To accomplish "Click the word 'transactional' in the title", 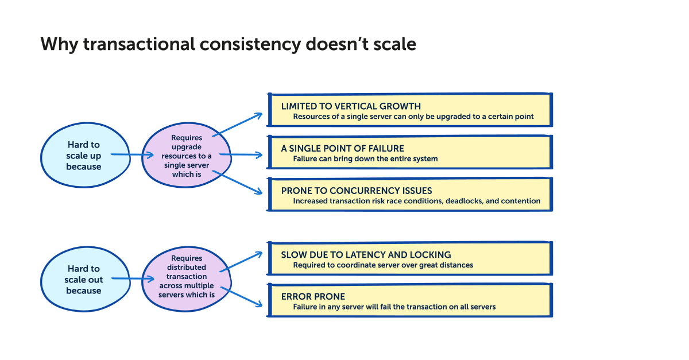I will (x=144, y=44).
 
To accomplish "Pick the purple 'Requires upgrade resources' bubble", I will (x=186, y=156).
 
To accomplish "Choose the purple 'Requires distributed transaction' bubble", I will (x=186, y=277).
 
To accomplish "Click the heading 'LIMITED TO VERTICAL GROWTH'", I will (x=351, y=106).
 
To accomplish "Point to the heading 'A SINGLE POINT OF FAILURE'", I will (x=342, y=148).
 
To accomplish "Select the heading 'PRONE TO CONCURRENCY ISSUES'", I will (x=356, y=191).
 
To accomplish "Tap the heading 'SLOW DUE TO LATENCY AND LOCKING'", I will (x=366, y=254).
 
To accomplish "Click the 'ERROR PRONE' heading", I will (x=313, y=296).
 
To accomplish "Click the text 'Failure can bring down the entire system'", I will (x=365, y=158).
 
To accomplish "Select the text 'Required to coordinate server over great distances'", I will (x=383, y=265).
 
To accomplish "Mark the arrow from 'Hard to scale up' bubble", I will (x=131, y=154).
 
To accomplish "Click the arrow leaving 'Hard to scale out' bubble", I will (x=131, y=278).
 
